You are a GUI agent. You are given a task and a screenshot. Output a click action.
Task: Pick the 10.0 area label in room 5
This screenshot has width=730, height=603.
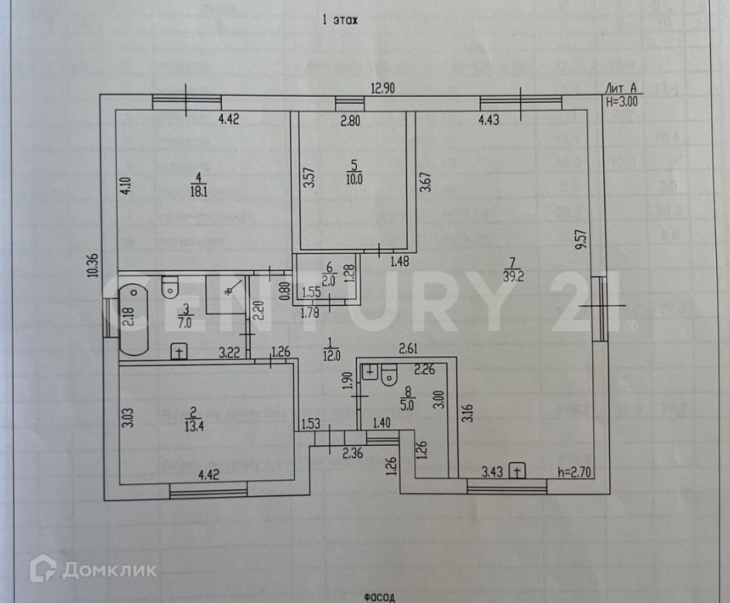pos(355,177)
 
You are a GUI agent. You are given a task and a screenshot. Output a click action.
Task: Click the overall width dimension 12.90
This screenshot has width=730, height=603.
pos(381,89)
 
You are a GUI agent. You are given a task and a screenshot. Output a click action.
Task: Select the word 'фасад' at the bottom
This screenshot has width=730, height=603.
pos(379,596)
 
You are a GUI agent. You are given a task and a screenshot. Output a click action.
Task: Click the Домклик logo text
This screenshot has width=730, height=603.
pos(108,571)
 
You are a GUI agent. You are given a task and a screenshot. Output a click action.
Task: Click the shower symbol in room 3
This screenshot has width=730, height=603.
pos(227,292)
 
